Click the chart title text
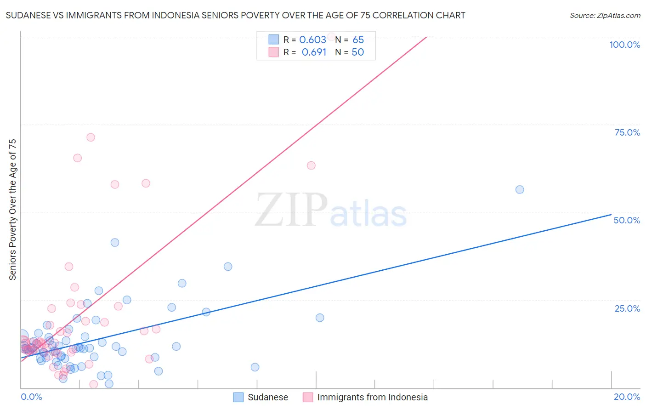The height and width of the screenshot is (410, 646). tap(235, 16)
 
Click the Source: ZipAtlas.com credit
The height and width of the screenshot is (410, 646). tap(605, 16)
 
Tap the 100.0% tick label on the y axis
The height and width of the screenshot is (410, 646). tap(624, 45)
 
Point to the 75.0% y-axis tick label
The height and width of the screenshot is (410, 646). tap(627, 132)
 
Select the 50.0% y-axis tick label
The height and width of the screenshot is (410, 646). tap(627, 220)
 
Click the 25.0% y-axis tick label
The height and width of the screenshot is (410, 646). tap(627, 308)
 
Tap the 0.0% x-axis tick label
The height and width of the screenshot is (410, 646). tap(32, 397)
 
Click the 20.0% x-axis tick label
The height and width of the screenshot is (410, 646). tap(627, 397)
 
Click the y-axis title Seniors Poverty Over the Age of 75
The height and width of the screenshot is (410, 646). tap(13, 209)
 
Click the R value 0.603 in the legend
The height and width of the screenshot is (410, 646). tap(312, 40)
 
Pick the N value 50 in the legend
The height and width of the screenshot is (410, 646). tap(357, 52)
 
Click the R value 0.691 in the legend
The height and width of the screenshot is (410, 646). tap(314, 52)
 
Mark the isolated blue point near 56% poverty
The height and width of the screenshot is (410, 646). tap(520, 189)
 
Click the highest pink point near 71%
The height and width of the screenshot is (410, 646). tap(91, 137)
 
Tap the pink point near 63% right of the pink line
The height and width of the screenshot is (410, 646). tap(311, 165)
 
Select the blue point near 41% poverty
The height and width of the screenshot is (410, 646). tap(115, 242)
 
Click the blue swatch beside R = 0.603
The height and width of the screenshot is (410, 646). tap(274, 40)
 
